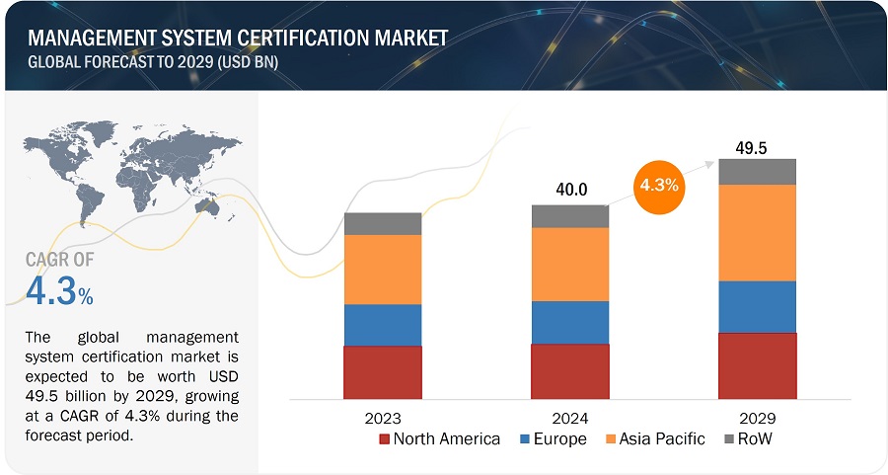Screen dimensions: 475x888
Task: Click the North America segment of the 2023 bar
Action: (x=383, y=371)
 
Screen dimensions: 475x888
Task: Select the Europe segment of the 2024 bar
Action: (x=569, y=322)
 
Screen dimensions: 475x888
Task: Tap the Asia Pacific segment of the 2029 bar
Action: (x=757, y=233)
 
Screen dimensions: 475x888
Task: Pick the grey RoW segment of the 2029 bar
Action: (x=757, y=171)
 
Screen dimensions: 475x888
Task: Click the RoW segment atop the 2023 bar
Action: (x=383, y=223)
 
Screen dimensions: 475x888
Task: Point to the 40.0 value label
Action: (x=569, y=190)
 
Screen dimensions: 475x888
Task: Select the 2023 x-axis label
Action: (x=382, y=418)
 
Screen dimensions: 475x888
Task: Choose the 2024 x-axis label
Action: (x=569, y=418)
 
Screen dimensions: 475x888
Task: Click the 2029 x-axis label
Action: (x=757, y=418)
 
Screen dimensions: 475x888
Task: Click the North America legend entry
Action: (x=439, y=438)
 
